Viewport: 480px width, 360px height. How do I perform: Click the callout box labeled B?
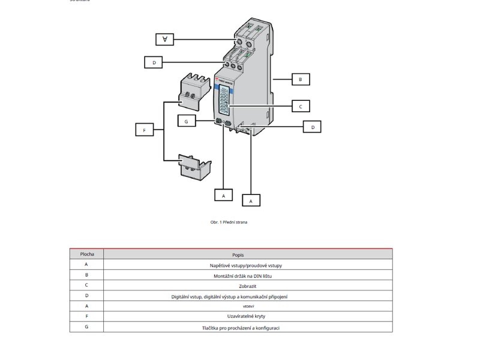tap(300, 79)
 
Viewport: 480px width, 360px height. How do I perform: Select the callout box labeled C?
tap(300, 106)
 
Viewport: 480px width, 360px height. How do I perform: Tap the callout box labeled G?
tap(187, 121)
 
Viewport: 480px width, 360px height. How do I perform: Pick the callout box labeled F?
tap(145, 130)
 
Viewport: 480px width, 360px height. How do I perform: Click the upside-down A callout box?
tap(164, 39)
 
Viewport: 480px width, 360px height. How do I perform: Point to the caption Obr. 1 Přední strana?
tap(229, 222)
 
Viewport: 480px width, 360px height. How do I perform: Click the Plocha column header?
tap(86, 254)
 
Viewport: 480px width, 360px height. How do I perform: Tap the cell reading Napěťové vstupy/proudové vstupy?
tap(248, 265)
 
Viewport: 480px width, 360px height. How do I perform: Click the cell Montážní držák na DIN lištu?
tap(248, 275)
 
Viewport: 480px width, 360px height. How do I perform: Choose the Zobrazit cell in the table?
tap(248, 286)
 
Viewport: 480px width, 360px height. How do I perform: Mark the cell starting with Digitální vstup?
tap(248, 296)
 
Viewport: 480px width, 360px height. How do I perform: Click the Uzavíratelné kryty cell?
tap(248, 317)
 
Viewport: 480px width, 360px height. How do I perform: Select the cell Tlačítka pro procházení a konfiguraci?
tap(248, 328)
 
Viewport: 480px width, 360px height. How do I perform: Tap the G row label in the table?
tap(86, 328)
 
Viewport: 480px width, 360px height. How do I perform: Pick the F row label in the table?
tap(86, 317)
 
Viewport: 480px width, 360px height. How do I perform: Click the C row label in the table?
tap(86, 286)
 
